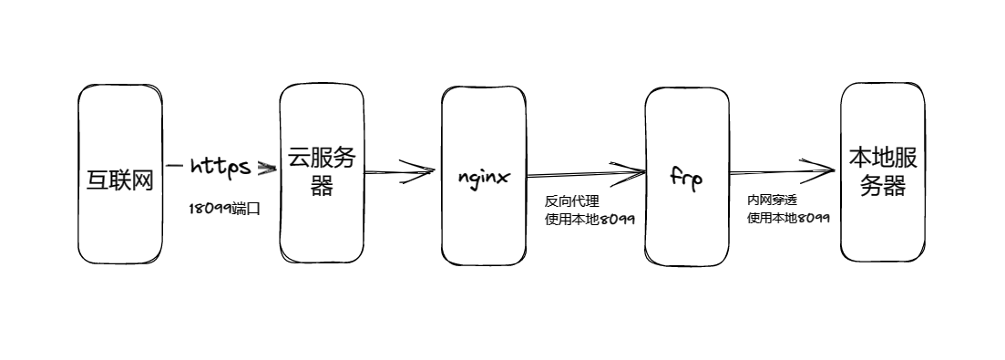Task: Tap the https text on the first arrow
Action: point(220,167)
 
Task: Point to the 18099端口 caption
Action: point(224,209)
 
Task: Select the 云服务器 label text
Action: point(322,170)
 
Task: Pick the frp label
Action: point(685,177)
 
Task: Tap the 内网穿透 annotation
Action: point(773,199)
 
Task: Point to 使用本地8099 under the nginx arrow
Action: point(590,219)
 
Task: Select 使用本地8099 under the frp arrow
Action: point(788,218)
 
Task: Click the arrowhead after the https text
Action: point(266,169)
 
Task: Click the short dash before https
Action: point(174,167)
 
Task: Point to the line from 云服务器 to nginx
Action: point(383,170)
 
